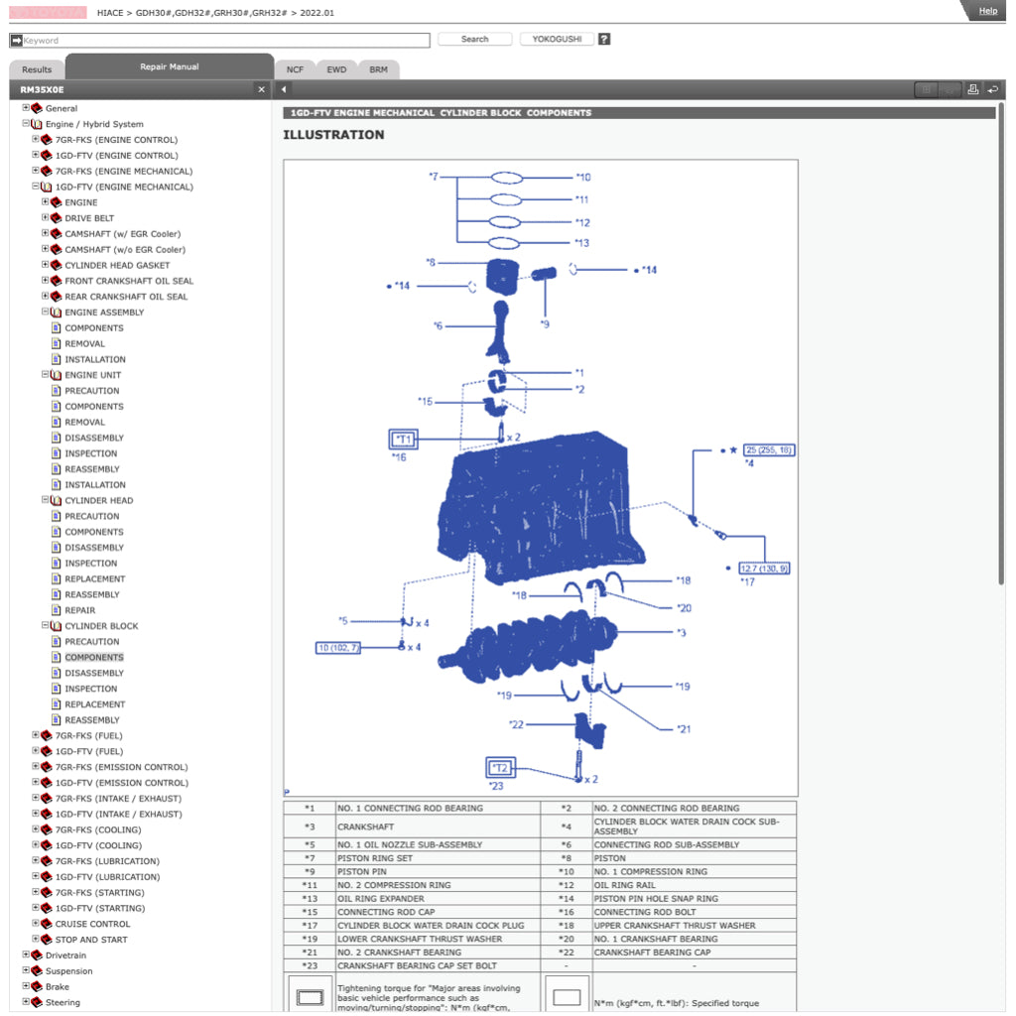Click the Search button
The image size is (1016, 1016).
click(474, 40)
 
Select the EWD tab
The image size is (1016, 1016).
click(336, 69)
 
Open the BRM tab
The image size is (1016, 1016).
click(378, 69)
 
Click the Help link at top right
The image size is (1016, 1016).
click(987, 11)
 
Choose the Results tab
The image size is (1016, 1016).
click(37, 69)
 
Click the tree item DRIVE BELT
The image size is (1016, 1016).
click(89, 218)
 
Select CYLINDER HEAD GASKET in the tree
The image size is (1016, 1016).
click(117, 265)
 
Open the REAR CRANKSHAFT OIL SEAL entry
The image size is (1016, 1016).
click(126, 297)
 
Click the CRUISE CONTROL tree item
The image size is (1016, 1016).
click(92, 924)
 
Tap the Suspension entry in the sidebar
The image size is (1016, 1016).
click(68, 971)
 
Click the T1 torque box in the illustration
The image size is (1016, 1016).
click(403, 439)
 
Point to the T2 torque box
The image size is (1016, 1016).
click(500, 768)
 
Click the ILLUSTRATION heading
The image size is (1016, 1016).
click(333, 135)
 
